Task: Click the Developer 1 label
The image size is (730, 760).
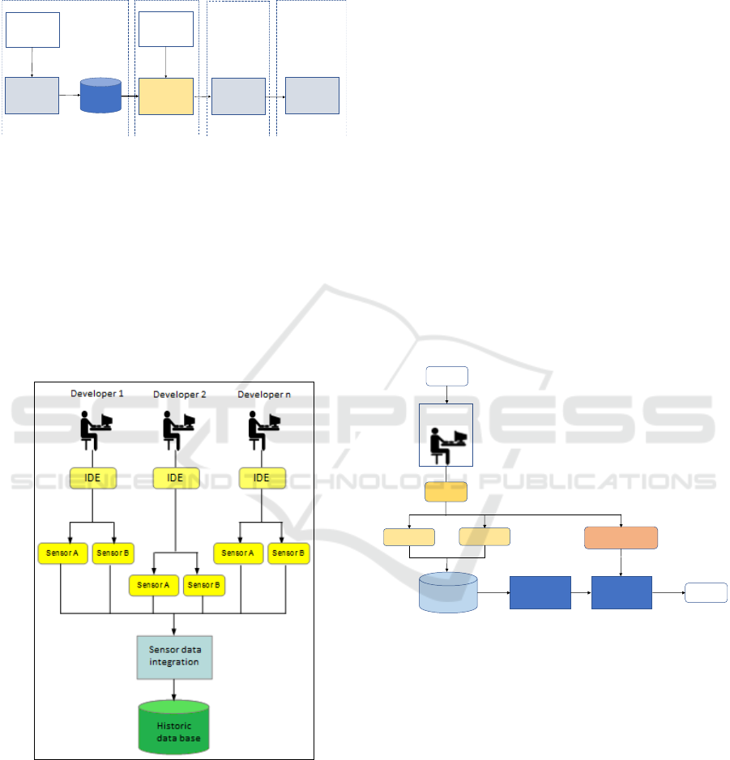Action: point(96,394)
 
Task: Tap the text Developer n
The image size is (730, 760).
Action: point(258,394)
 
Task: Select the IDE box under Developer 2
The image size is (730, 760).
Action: point(175,478)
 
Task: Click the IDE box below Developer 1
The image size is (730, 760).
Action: point(94,478)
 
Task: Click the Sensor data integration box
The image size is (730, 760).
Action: point(174,656)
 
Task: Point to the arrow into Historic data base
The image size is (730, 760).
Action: point(174,692)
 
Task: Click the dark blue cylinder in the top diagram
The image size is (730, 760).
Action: point(100,96)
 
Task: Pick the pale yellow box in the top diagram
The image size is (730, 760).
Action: point(165,96)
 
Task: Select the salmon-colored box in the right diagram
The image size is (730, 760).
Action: point(621,538)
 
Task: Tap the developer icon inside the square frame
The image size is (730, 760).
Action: point(447,435)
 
